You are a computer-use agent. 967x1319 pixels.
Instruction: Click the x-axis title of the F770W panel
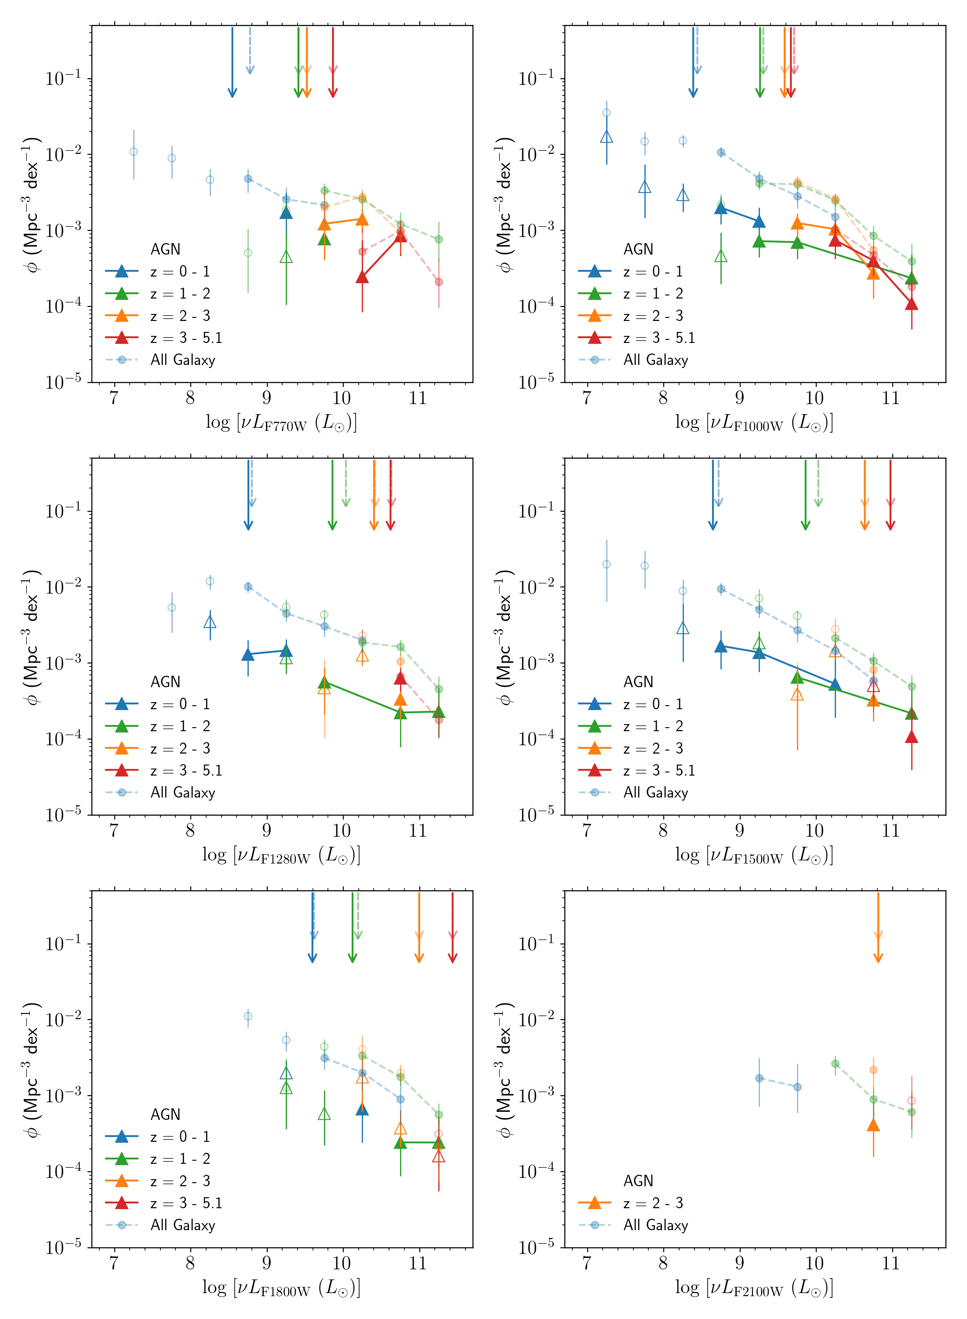coord(281,423)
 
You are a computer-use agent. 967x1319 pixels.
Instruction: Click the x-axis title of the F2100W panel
coord(754,1288)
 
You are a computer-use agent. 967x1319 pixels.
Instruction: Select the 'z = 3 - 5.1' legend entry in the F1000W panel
coord(658,338)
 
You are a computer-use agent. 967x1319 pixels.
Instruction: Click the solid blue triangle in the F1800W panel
coord(362,1109)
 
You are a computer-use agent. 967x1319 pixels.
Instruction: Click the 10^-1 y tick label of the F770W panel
coord(63,78)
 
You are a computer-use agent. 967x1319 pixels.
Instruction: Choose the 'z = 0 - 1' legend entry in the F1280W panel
coord(180,704)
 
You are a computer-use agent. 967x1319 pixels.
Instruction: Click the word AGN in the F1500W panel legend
coord(638,681)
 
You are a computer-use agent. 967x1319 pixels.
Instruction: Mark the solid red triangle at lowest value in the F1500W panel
coord(911,737)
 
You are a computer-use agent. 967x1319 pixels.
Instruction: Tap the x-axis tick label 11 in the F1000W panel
coord(891,398)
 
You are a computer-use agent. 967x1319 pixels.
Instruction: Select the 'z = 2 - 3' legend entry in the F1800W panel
coord(180,1181)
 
